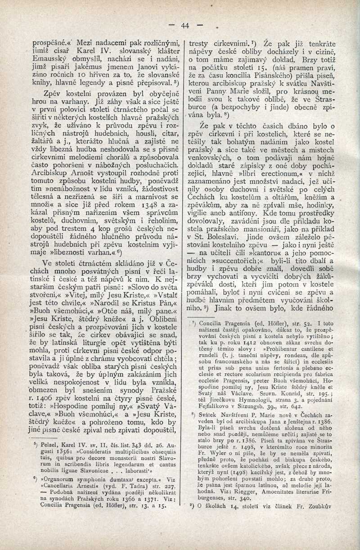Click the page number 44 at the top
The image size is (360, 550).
tap(185, 26)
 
